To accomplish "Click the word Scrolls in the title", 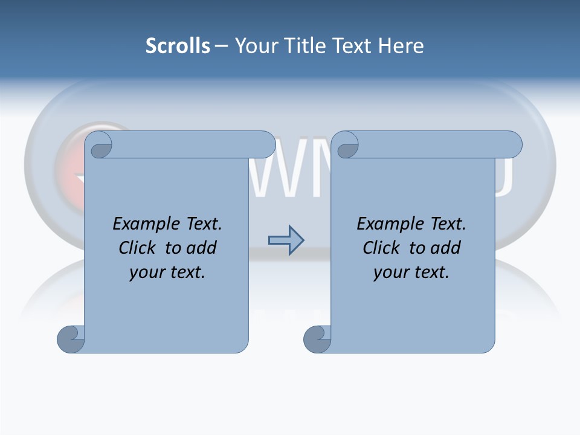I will point(178,46).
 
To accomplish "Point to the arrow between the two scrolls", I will point(286,240).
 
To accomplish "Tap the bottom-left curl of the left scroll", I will point(71,339).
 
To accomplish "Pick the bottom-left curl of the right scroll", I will point(317,339).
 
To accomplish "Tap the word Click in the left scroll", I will point(138,248).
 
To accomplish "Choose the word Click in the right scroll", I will point(382,248).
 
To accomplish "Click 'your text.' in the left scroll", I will point(167,272).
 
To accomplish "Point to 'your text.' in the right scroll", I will point(411,272).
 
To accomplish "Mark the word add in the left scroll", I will point(200,248).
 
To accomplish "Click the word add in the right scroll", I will point(444,248).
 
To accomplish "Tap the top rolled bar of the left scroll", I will point(193,144).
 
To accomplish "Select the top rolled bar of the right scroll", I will point(440,144).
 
